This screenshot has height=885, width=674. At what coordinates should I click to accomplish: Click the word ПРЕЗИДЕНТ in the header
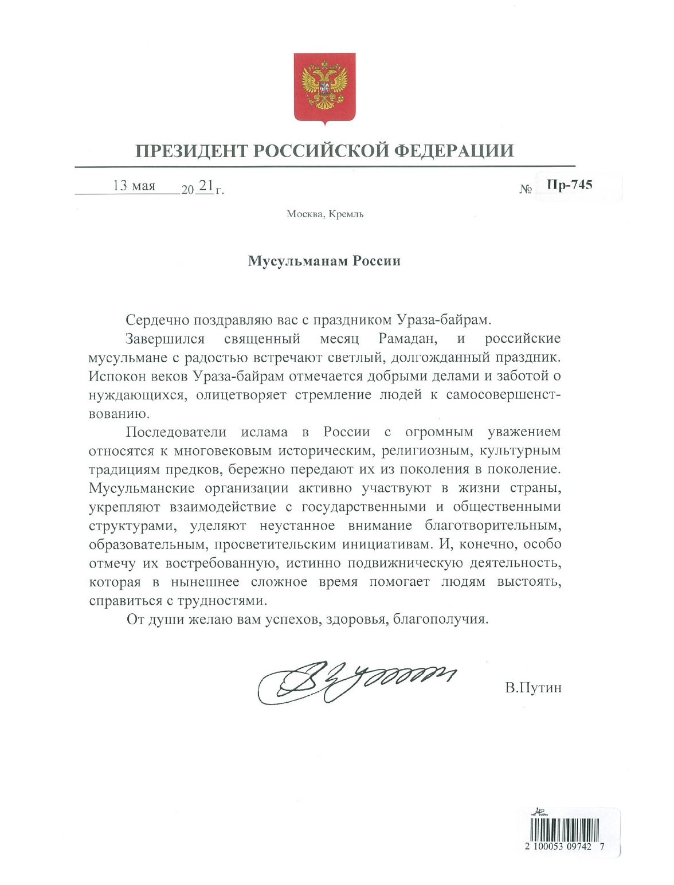(191, 151)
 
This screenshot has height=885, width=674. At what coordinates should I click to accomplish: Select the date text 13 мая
(134, 186)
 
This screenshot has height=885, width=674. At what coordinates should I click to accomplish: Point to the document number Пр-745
(569, 185)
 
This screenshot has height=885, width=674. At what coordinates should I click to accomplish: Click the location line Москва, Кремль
(325, 214)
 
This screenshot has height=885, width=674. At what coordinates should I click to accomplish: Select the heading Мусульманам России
(324, 261)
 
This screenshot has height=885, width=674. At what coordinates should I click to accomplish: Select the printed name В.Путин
(533, 687)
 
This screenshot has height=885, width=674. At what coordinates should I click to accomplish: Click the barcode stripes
(564, 828)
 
